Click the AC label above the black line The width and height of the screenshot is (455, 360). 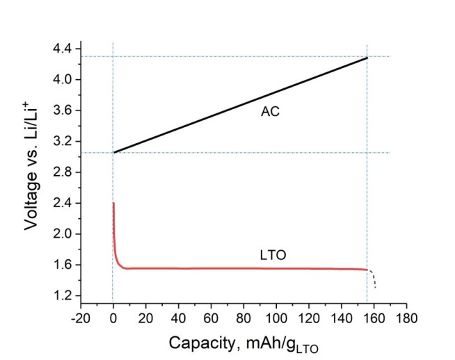(270, 111)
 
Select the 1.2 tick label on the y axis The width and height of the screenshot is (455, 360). (62, 296)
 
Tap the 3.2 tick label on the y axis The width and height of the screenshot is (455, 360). (62, 142)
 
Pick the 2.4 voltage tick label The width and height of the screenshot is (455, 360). (62, 203)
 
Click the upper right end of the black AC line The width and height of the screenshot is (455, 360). (367, 58)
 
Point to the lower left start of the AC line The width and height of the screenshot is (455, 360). (114, 152)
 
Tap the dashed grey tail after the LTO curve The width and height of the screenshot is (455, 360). (373, 277)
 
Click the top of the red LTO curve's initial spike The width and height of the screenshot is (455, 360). (113, 204)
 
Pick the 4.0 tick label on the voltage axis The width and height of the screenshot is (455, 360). (62, 80)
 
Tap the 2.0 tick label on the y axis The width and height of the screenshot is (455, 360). (62, 234)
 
